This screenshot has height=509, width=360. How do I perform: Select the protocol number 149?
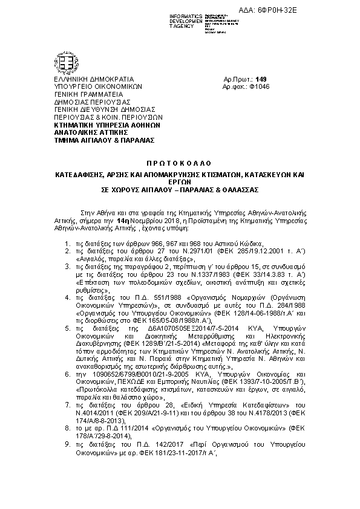click(x=261, y=79)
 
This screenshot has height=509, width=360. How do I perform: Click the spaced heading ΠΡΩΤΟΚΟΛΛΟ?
click(x=179, y=164)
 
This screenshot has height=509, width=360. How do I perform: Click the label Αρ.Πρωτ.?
click(x=237, y=79)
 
